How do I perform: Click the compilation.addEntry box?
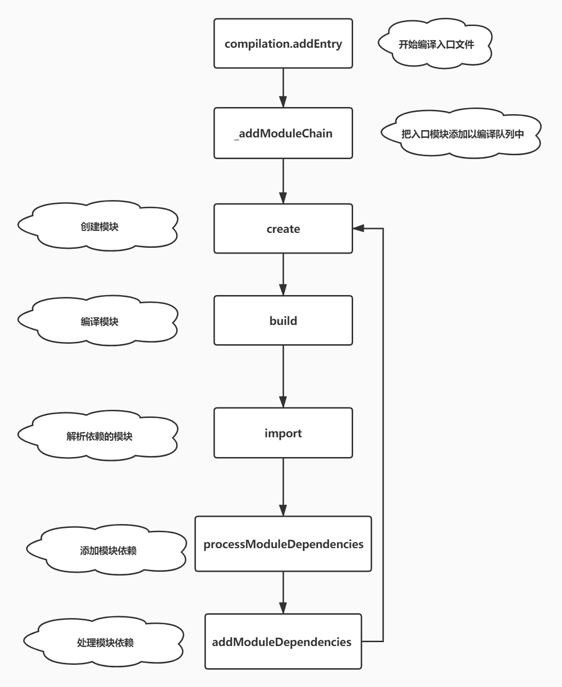[x=283, y=43]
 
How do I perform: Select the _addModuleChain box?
[x=283, y=133]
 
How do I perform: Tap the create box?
[x=283, y=229]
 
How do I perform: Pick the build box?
[x=283, y=321]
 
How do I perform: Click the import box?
[x=283, y=433]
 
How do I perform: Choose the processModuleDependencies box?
[x=283, y=544]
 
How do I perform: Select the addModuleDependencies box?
[x=283, y=641]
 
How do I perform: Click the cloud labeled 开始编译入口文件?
[x=436, y=44]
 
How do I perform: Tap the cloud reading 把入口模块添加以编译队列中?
[x=462, y=134]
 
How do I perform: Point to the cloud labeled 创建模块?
[x=98, y=227]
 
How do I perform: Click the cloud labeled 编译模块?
[x=98, y=322]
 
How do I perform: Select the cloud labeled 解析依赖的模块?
[x=98, y=436]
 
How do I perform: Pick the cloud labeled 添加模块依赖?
[x=107, y=550]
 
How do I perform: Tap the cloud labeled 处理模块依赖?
[x=104, y=643]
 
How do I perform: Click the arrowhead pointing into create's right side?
[x=358, y=229]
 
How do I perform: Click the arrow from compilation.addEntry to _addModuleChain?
[x=283, y=88]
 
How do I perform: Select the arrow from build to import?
[x=283, y=376]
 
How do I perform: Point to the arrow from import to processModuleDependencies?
[x=283, y=487]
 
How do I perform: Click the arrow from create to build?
[x=283, y=274]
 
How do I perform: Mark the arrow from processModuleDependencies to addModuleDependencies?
[x=283, y=592]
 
